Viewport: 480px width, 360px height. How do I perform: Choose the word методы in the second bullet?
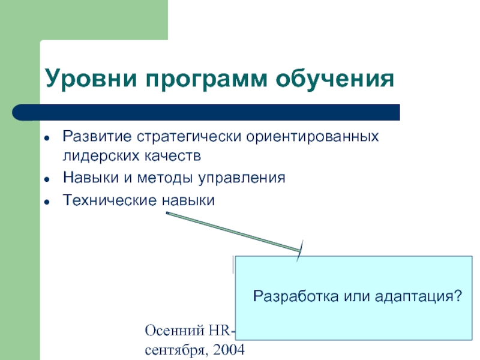pos(162,178)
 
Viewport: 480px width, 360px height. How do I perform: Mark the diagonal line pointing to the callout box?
pos(234,231)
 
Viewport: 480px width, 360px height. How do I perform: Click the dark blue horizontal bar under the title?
pos(216,112)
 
